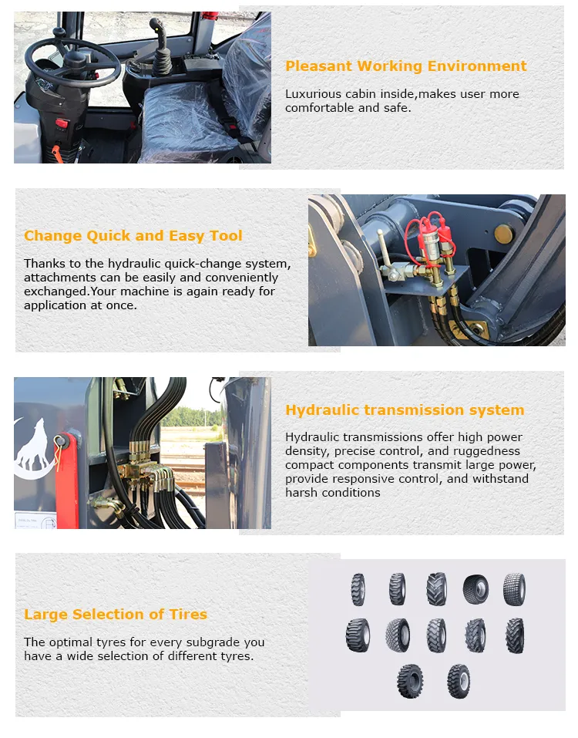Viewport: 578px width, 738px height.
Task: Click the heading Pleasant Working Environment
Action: pos(405,66)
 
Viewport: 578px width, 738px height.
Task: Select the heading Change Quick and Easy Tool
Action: pos(133,236)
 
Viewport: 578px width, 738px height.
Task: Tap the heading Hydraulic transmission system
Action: pos(405,410)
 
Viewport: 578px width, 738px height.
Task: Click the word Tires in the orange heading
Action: pos(188,615)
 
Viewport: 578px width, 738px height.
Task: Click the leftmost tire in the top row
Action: pos(358,589)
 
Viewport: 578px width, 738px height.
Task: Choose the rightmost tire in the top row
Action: pos(514,589)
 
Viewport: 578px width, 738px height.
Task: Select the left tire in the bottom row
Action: pos(410,681)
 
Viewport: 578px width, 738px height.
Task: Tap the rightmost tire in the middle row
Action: pos(514,635)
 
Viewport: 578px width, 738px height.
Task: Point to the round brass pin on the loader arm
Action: pos(504,234)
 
